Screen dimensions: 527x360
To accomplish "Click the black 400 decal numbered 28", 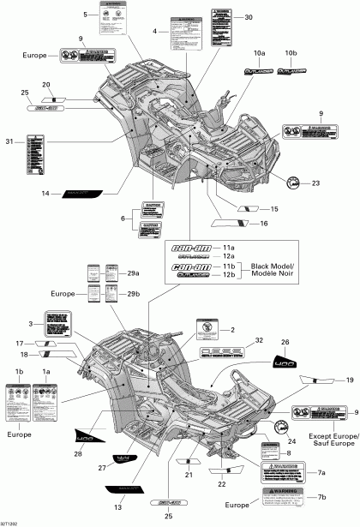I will (x=87, y=438).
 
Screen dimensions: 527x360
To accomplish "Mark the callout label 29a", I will (x=132, y=273).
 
